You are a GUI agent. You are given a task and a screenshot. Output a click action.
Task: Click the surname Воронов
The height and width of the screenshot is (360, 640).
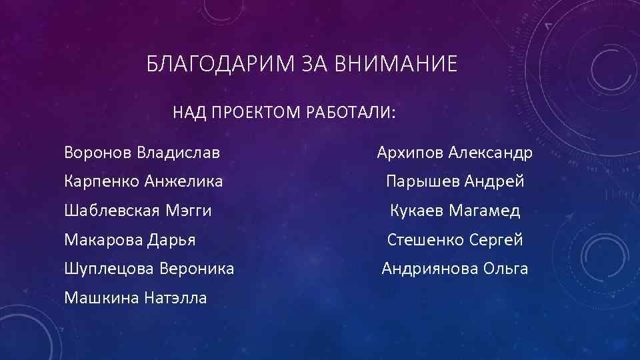pyautogui.click(x=98, y=153)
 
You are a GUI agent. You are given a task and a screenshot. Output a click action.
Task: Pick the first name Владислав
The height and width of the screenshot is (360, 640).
pyautogui.click(x=178, y=153)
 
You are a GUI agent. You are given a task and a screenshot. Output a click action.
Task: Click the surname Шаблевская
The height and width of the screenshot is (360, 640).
pyautogui.click(x=110, y=211)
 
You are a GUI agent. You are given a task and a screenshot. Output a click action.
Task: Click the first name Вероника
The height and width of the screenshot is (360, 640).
pyautogui.click(x=198, y=269)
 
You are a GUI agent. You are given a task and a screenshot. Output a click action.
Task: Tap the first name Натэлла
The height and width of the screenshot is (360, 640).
pyautogui.click(x=175, y=297)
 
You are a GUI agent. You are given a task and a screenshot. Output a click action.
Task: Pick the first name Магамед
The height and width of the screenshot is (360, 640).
pyautogui.click(x=485, y=211)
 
